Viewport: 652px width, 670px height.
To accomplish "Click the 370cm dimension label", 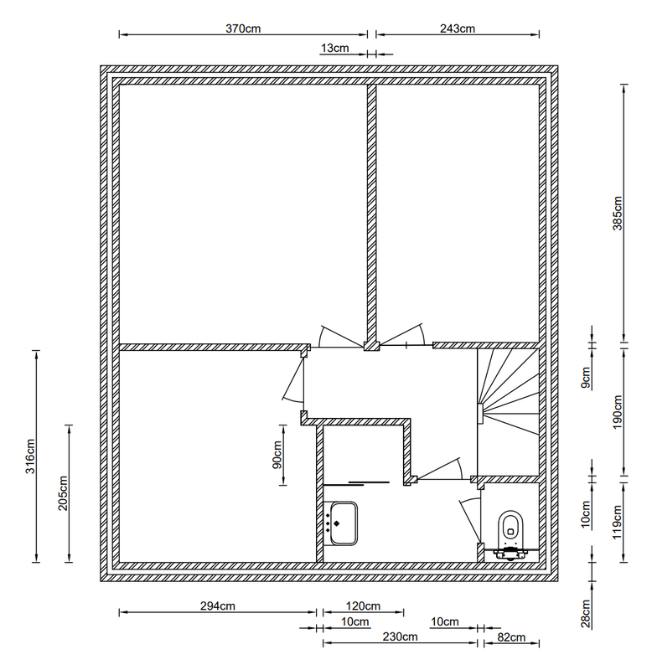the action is pos(243,28).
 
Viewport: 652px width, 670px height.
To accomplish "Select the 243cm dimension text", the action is pos(458,28).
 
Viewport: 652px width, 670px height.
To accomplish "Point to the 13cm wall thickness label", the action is pos(334,48).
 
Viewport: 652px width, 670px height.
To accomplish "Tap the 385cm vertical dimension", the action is pos(618,213).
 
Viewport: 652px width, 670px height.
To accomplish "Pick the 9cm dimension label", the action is pos(586,378).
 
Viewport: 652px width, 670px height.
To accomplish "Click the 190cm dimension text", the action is pos(618,412).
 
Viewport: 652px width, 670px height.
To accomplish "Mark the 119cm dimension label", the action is pos(618,522).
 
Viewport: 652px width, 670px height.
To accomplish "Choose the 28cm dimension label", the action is pos(586,614).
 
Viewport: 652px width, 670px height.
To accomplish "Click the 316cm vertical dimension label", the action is pos(30,456).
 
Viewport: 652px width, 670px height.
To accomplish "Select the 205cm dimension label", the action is pos(63,493).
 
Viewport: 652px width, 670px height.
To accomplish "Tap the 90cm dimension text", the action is pos(277,455).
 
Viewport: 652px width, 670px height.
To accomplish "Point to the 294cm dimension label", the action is pos(218,606).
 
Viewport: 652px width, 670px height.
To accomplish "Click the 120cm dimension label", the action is pos(363,606).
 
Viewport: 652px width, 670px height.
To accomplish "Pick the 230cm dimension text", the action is pos(400,636).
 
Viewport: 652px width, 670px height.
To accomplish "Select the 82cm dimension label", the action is pos(511,637).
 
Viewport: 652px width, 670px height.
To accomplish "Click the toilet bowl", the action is pos(511,525).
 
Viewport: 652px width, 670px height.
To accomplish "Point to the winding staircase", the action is pos(508,411).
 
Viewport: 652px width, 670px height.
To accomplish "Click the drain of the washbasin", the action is pos(336,523).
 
